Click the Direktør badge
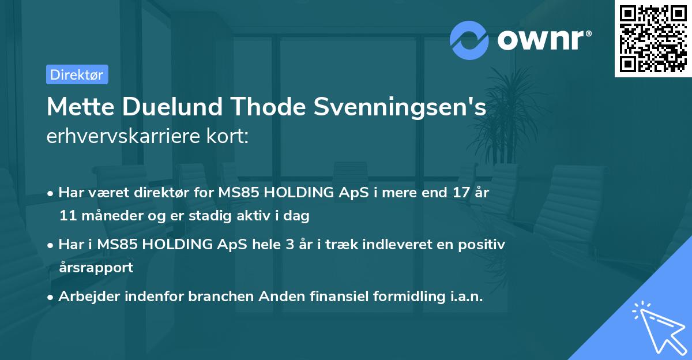tap(77, 74)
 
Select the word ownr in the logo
tap(543, 39)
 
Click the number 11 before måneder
tap(66, 216)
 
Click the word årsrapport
tap(96, 268)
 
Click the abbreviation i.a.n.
tap(463, 297)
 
